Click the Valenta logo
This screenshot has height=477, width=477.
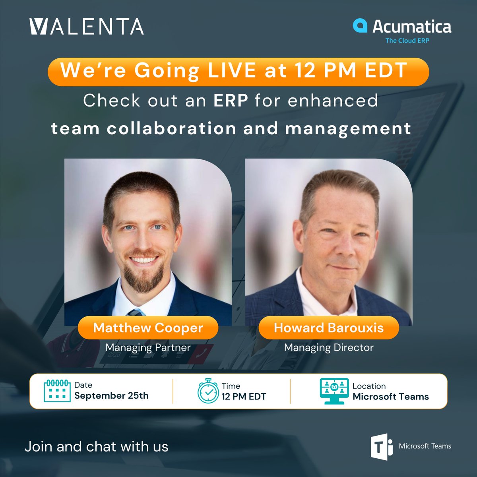click(87, 26)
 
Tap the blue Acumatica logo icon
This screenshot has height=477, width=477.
click(360, 25)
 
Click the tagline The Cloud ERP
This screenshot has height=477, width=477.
click(407, 41)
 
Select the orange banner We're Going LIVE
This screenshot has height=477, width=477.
click(238, 72)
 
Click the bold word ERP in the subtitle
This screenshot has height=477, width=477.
click(231, 101)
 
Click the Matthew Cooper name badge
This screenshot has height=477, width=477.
click(148, 328)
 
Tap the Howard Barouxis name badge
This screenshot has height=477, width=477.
click(329, 328)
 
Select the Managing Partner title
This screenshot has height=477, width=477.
click(148, 347)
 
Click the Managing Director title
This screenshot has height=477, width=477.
click(329, 347)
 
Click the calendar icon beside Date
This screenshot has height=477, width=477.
click(57, 391)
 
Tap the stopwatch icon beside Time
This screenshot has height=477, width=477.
click(208, 391)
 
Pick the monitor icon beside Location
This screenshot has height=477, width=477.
click(334, 391)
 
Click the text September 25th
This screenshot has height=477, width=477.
click(111, 396)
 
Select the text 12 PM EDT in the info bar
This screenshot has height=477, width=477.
click(244, 397)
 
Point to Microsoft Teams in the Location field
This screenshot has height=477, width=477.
click(391, 397)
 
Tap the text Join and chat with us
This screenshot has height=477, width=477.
click(97, 446)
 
